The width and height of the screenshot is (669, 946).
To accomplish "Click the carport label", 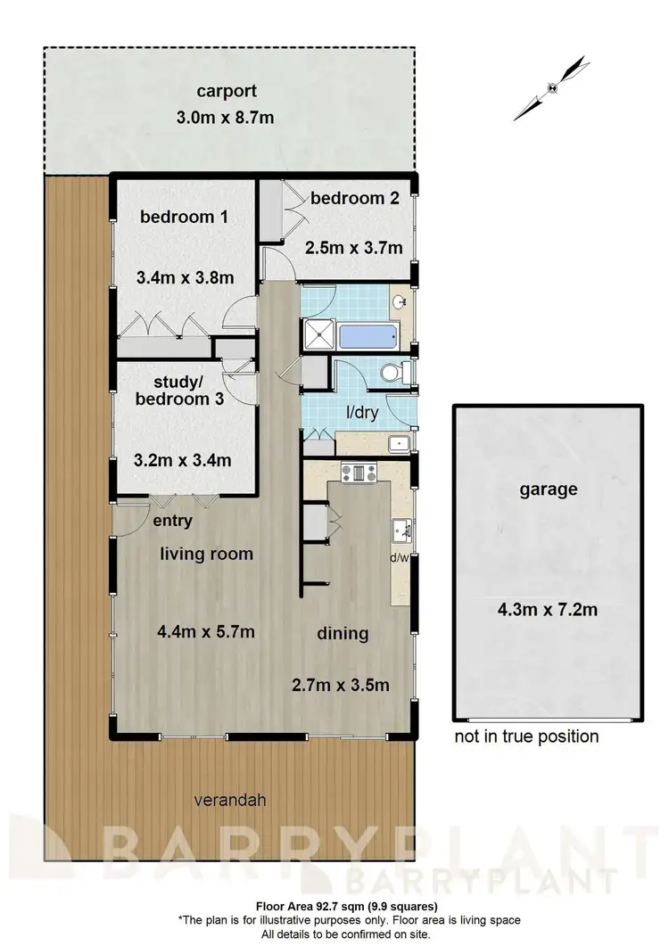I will pos(228,90).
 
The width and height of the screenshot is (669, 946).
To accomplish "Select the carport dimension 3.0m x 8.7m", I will pos(228,117).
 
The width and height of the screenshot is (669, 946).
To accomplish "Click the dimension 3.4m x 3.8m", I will pos(186,277).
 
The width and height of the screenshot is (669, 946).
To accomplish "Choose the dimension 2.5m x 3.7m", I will pos(353,247).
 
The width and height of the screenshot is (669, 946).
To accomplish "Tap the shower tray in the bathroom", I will pos(318,334).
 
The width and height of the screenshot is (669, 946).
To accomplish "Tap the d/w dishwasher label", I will pos(401,559).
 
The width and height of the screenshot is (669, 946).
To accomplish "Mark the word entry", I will pos(172,521).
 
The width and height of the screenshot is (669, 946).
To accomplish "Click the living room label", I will pos(206,554).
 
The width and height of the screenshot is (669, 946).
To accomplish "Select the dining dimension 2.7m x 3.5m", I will pos(342,686).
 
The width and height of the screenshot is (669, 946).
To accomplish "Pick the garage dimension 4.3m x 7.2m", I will pos(547,611).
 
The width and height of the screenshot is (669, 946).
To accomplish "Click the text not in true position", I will pos(526,736).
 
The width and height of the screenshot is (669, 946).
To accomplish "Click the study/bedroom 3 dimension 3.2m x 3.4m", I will pos(184,460).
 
